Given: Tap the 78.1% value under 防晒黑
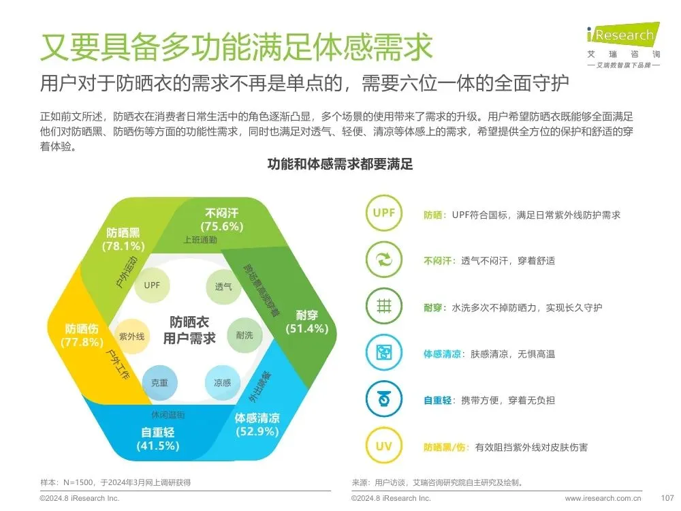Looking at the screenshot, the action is (123, 246).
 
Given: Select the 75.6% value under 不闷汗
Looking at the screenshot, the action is (222, 226).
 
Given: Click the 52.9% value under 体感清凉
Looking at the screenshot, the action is (257, 431).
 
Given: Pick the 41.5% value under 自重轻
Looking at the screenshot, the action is (158, 446).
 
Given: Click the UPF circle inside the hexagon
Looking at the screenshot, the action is (152, 285).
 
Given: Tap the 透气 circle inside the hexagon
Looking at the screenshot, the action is (223, 286).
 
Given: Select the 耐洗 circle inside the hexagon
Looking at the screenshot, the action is (244, 335).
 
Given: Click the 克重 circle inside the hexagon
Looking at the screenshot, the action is (159, 383).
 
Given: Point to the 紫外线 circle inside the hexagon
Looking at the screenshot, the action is (131, 337).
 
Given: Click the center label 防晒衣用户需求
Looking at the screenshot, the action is (189, 329).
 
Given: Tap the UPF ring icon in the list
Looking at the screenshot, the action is (384, 213).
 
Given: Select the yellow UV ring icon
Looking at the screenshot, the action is (384, 447).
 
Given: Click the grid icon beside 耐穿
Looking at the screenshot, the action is (384, 307).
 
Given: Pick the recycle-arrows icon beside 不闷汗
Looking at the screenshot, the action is (384, 260).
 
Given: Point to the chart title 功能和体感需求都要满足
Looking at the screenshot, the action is (340, 164).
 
